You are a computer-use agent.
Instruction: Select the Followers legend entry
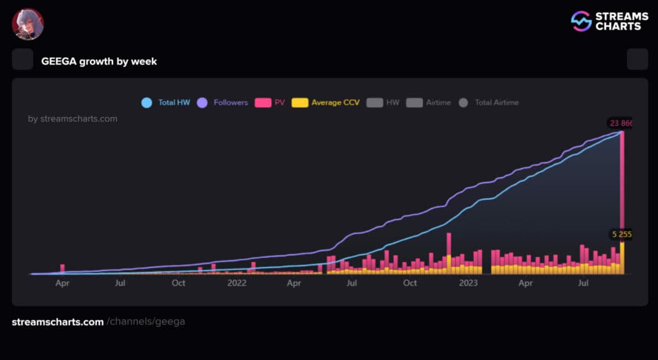click(222, 102)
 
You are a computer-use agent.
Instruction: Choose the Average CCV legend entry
click(326, 102)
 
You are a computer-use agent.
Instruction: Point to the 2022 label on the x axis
click(236, 283)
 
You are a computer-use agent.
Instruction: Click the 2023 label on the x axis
click(469, 283)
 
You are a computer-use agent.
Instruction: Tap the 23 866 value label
click(620, 123)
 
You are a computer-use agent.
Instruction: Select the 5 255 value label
click(621, 235)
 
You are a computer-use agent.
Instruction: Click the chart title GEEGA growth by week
click(99, 61)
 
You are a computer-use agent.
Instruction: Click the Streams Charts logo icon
click(581, 21)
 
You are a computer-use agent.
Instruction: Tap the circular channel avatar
click(28, 24)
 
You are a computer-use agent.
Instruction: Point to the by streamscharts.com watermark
click(73, 118)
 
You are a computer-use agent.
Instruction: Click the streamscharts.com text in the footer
click(58, 321)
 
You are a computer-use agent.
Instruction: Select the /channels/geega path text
click(146, 321)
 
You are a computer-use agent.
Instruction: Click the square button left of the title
click(22, 59)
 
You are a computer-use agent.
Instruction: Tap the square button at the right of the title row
click(637, 59)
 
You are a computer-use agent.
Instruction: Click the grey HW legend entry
click(383, 102)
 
